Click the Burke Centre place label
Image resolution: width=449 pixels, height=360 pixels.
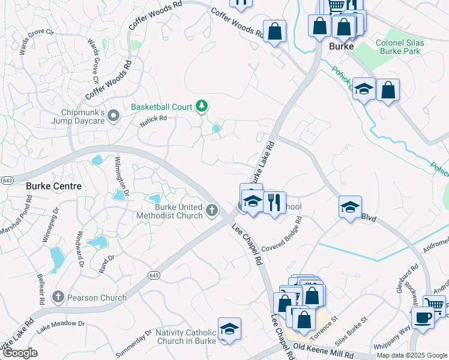pos(53,186)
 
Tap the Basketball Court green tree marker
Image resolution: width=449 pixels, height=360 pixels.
pos(202,107)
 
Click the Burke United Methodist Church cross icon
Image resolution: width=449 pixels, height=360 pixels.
pos(211,211)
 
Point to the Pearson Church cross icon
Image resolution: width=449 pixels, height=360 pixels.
pos(58,297)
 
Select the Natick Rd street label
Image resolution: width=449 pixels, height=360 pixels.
pos(153,120)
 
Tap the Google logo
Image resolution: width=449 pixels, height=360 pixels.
pos(20,353)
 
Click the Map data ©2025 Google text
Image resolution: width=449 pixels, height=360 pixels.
pos(411,355)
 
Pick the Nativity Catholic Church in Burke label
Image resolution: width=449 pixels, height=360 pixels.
pos(185,337)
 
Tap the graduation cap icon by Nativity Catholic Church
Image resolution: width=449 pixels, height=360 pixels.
pos(229,328)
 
